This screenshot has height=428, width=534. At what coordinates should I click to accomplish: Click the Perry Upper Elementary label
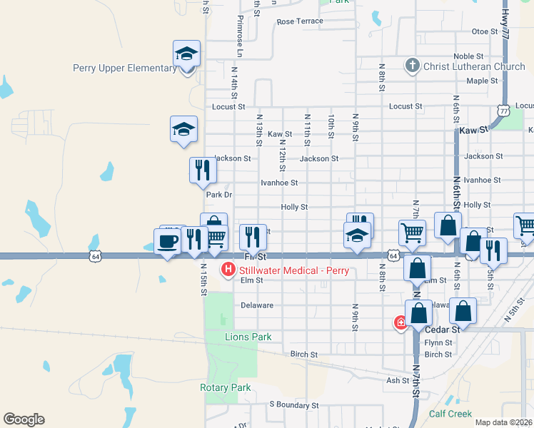pos(125,68)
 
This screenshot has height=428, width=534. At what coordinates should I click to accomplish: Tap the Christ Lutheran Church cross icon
pos(412,66)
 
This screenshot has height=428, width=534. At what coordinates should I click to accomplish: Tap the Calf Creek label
pos(450,414)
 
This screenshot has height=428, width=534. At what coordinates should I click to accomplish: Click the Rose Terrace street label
pos(300,21)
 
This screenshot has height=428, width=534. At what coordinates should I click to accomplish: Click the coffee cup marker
pos(167,240)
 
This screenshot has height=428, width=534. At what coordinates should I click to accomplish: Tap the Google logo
pos(24,419)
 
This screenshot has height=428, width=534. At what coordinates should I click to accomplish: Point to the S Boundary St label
pos(293,404)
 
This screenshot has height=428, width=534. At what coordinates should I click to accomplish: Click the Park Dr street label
pos(219,195)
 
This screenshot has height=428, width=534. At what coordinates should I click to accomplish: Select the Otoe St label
pos(485,31)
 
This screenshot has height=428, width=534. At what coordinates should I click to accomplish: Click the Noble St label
pos(468,56)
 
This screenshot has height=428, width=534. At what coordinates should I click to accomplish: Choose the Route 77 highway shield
pos(505,111)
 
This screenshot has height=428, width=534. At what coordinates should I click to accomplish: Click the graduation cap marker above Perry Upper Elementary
pos(186,53)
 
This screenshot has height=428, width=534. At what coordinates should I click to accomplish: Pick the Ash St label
pos(397,380)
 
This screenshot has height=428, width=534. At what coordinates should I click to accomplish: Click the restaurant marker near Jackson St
pos(203,170)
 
